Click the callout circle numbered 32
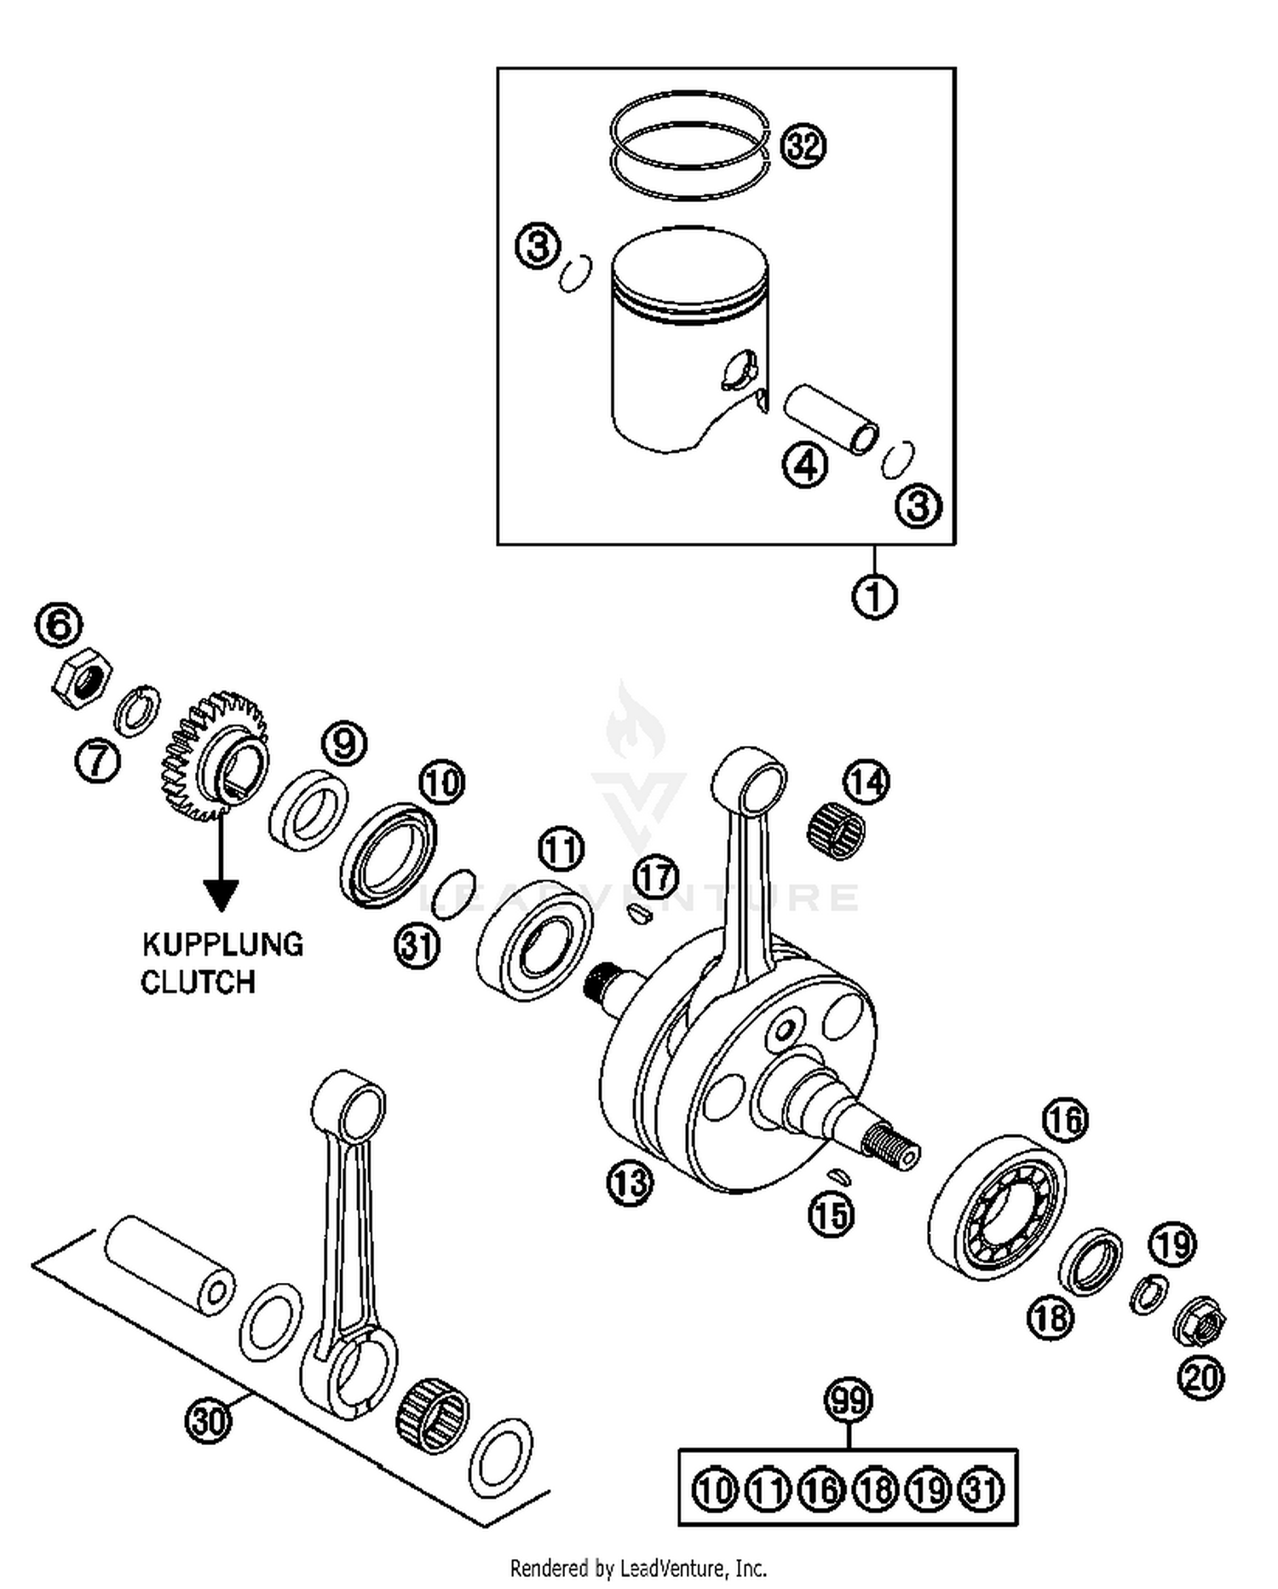803,146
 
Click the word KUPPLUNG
222,945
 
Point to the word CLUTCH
198,982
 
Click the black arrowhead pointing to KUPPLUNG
222,894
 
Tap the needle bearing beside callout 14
836,831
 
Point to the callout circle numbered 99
849,1401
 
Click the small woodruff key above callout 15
840,1176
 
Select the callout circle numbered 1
875,597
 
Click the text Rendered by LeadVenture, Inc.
638,1568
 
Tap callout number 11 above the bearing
561,849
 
